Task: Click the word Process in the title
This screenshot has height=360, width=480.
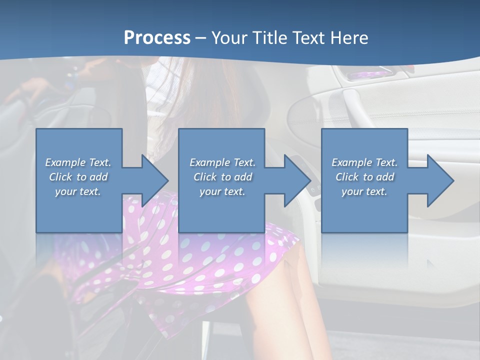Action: pos(157,38)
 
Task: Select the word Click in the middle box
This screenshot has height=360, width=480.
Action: pos(204,177)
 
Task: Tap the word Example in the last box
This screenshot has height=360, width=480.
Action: pos(352,162)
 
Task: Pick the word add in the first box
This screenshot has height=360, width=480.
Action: pos(98,177)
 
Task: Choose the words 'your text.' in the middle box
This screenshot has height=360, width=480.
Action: pos(222,191)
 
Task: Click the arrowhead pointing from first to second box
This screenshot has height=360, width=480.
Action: pos(155,180)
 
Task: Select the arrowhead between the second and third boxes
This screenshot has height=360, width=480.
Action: pos(297,180)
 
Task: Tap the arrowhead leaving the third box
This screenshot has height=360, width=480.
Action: pos(440,180)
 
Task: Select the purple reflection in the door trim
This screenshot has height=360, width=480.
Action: pos(368,75)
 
